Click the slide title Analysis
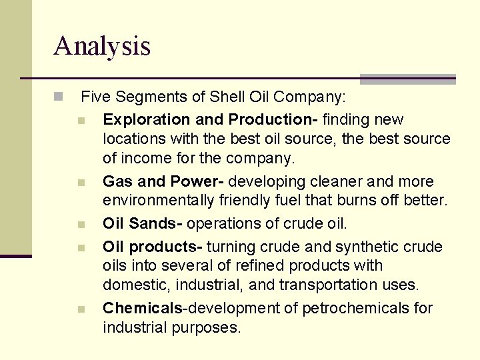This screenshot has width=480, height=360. tap(102, 46)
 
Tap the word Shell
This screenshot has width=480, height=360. tap(227, 97)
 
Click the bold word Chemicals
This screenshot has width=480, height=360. tap(143, 309)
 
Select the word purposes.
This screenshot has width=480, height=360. tap(209, 328)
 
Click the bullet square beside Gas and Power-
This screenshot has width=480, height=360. tap(81, 183)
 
